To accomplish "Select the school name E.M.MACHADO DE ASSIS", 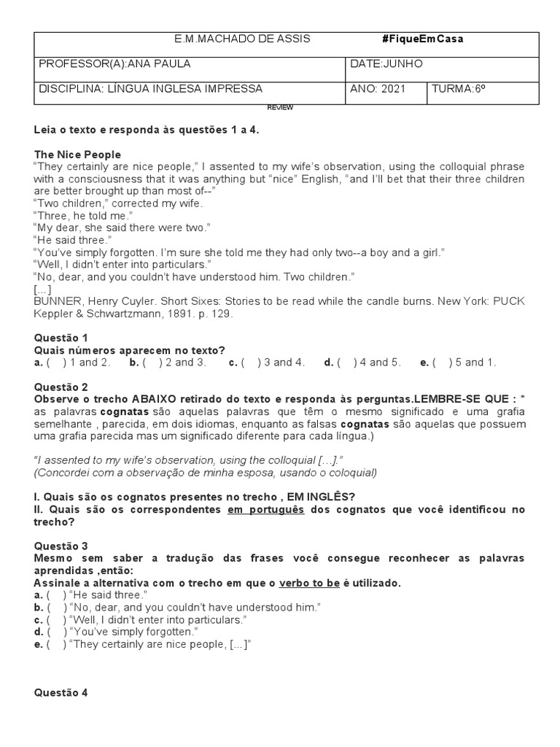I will coord(233,39).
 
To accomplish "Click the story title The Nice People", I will coord(77,155).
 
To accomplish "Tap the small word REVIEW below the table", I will coord(280,107).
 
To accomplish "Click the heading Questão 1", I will coord(61,338).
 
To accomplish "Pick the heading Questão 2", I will coord(61,387).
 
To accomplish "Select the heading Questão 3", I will coord(61,546).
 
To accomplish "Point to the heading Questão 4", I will coord(61,694).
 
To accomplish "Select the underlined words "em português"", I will coord(266,510).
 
